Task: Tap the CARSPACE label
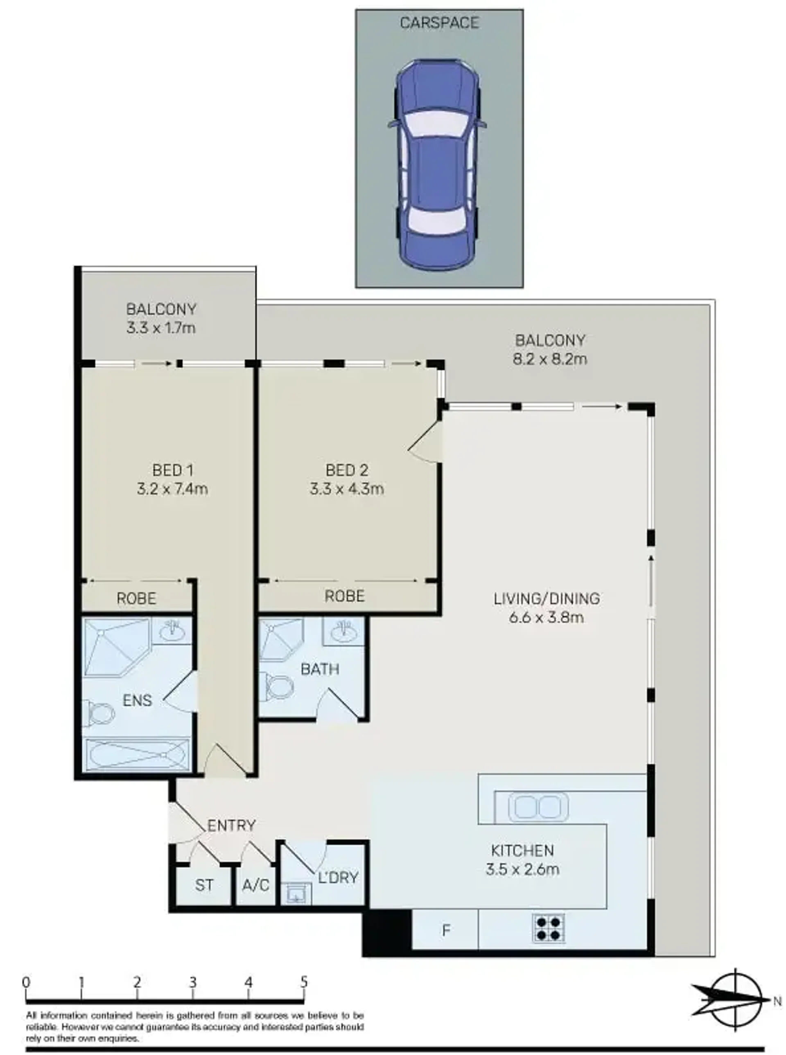coord(439,23)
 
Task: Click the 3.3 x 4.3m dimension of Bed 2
coord(347,489)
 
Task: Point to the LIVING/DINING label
coord(547,598)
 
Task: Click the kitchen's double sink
coord(538,807)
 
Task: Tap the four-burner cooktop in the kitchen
coord(549,929)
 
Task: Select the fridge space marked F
coord(445,930)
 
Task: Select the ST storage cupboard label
coord(204,885)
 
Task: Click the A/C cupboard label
coord(255,885)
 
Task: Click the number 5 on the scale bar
coord(304,982)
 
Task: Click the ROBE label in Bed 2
coord(344,596)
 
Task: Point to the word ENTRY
coord(232,826)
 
